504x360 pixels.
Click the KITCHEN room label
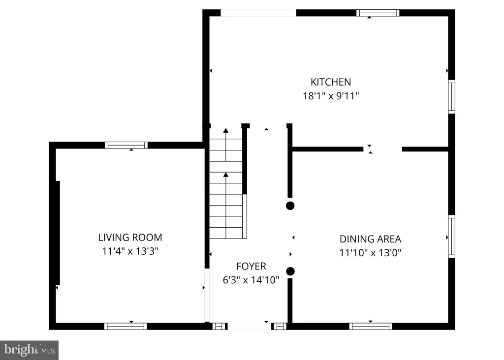[x=330, y=82]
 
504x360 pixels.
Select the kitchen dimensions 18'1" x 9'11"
[x=331, y=96]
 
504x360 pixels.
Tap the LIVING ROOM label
[x=130, y=238]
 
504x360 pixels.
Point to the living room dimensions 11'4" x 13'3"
[x=130, y=251]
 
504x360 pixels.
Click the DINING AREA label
[x=370, y=239]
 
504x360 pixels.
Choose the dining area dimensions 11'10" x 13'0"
[x=370, y=253]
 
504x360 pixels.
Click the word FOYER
[x=251, y=266]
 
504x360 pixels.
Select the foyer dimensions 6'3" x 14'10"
[x=251, y=280]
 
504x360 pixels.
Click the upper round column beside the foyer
[x=290, y=206]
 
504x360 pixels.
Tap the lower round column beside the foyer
[x=290, y=271]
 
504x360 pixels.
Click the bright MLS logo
[x=29, y=350]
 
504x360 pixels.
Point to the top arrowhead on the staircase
[x=226, y=130]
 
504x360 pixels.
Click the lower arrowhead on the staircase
[x=226, y=175]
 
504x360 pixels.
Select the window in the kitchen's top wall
[x=378, y=13]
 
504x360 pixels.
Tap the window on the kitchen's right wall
[x=452, y=96]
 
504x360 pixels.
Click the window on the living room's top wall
[x=126, y=145]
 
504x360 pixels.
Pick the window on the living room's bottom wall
[x=126, y=326]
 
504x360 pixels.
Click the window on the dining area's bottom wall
[x=371, y=326]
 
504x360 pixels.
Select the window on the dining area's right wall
[x=452, y=237]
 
